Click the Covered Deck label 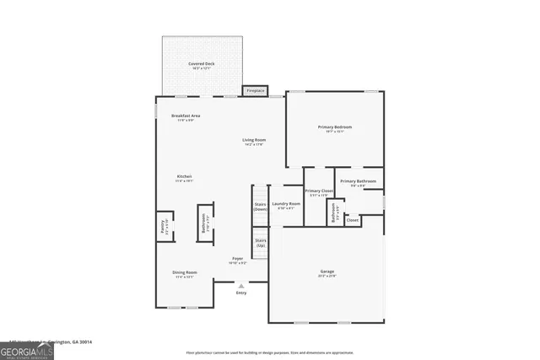pyautogui.click(x=201, y=63)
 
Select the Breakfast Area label pyautogui.click(x=185, y=116)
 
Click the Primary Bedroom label pyautogui.click(x=335, y=127)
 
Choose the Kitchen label pyautogui.click(x=185, y=176)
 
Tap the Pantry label pyautogui.click(x=165, y=225)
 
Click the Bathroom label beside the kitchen pyautogui.click(x=205, y=223)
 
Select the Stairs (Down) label pyautogui.click(x=261, y=206)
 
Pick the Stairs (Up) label pyautogui.click(x=261, y=243)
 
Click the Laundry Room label pyautogui.click(x=286, y=204)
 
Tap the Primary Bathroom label pyautogui.click(x=358, y=181)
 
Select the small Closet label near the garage pyautogui.click(x=353, y=220)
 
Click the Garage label pyautogui.click(x=327, y=272)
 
